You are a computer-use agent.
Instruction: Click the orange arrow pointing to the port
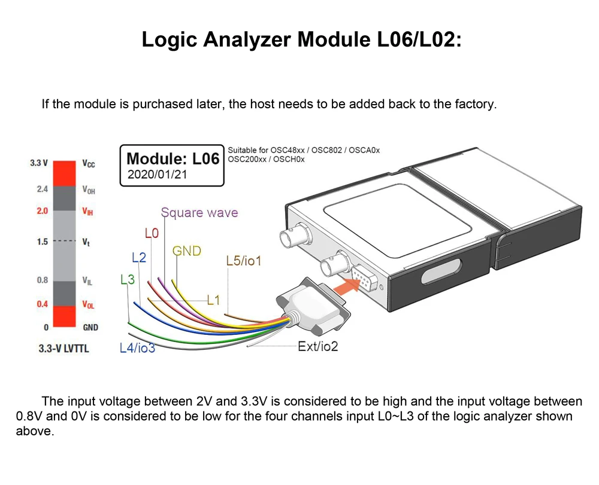pyautogui.click(x=343, y=289)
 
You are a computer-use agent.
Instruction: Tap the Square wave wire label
pyautogui.click(x=199, y=212)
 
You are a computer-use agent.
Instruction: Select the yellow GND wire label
pyautogui.click(x=187, y=251)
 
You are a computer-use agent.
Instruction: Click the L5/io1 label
pyautogui.click(x=244, y=261)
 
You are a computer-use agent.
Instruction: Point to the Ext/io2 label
pyautogui.click(x=317, y=346)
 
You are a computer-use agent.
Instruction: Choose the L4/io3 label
pyautogui.click(x=137, y=348)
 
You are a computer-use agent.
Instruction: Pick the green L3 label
pyautogui.click(x=128, y=279)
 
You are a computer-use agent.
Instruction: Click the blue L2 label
pyautogui.click(x=138, y=258)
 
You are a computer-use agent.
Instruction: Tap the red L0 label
pyautogui.click(x=152, y=233)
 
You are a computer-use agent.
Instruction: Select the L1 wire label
pyautogui.click(x=214, y=300)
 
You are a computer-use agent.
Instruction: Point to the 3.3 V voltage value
pyautogui.click(x=39, y=163)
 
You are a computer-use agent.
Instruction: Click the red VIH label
pyautogui.click(x=88, y=212)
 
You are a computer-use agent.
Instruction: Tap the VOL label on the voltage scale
pyautogui.click(x=88, y=304)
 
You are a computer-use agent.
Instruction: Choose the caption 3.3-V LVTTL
pyautogui.click(x=63, y=348)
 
